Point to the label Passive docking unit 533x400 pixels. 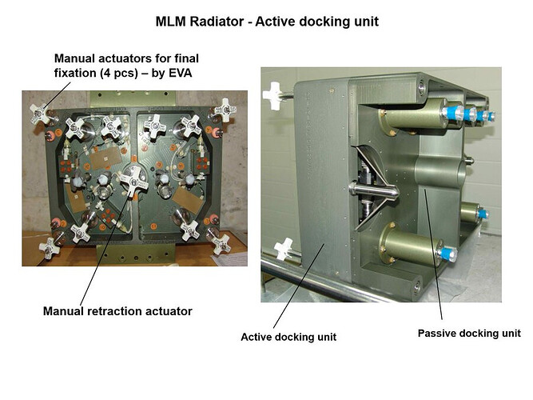coord(470,332)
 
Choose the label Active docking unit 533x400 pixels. coord(288,337)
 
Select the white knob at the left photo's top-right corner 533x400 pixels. coord(224,107)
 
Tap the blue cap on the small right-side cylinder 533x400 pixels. coord(482,213)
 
